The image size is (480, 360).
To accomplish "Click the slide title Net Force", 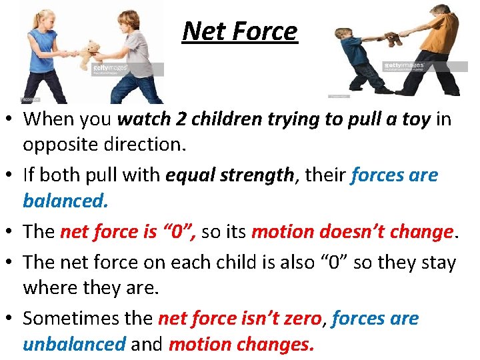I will click(240, 31).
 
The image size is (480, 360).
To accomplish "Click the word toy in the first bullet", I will click(413, 119).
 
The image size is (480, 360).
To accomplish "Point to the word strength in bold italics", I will click(257, 175).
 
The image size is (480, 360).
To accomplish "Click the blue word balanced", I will click(64, 200).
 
